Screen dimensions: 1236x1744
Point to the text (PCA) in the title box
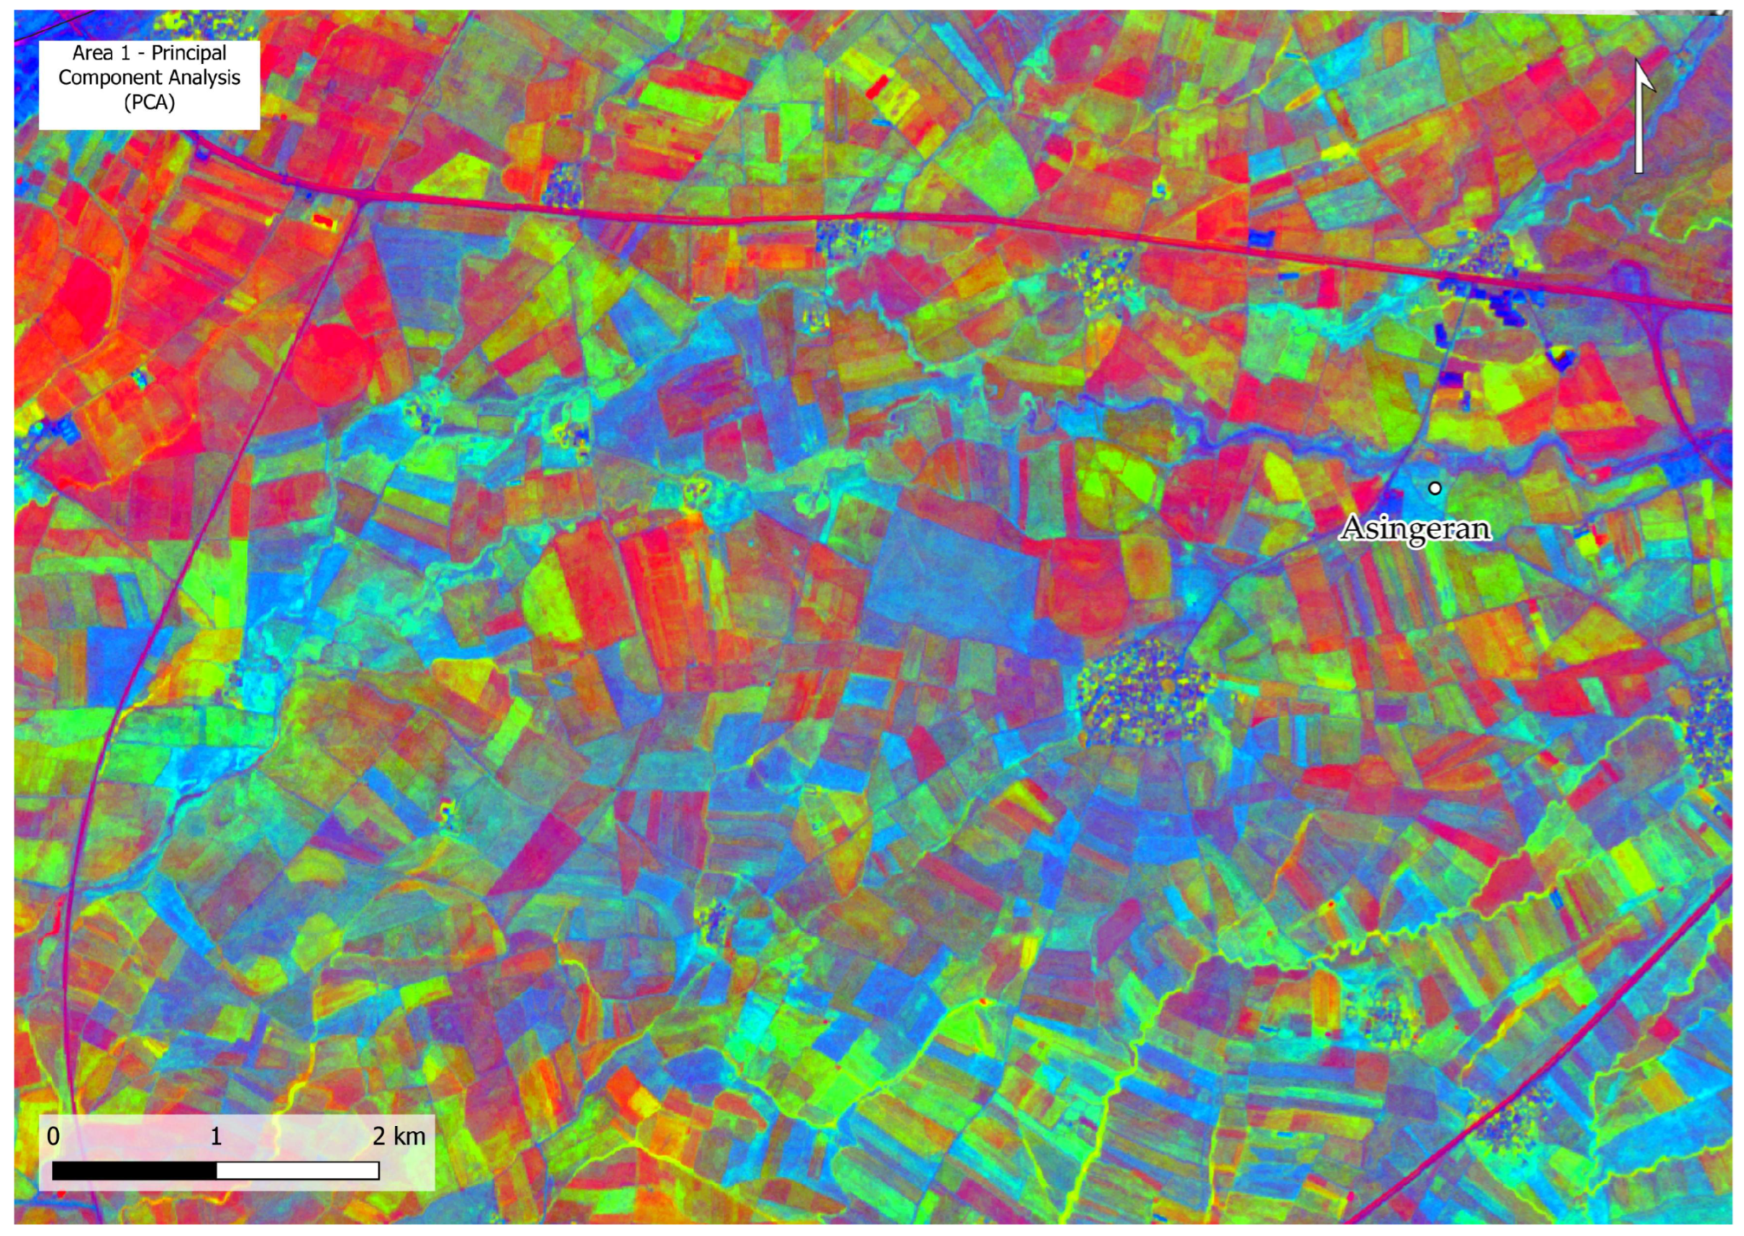click(149, 102)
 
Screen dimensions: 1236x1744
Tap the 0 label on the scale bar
click(53, 1136)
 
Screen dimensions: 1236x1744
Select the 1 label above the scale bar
click(216, 1136)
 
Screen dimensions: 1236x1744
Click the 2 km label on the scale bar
click(399, 1136)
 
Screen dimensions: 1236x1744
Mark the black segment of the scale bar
click(135, 1171)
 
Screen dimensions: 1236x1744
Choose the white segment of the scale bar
click(298, 1171)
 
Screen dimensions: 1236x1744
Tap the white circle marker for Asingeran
click(1435, 488)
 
